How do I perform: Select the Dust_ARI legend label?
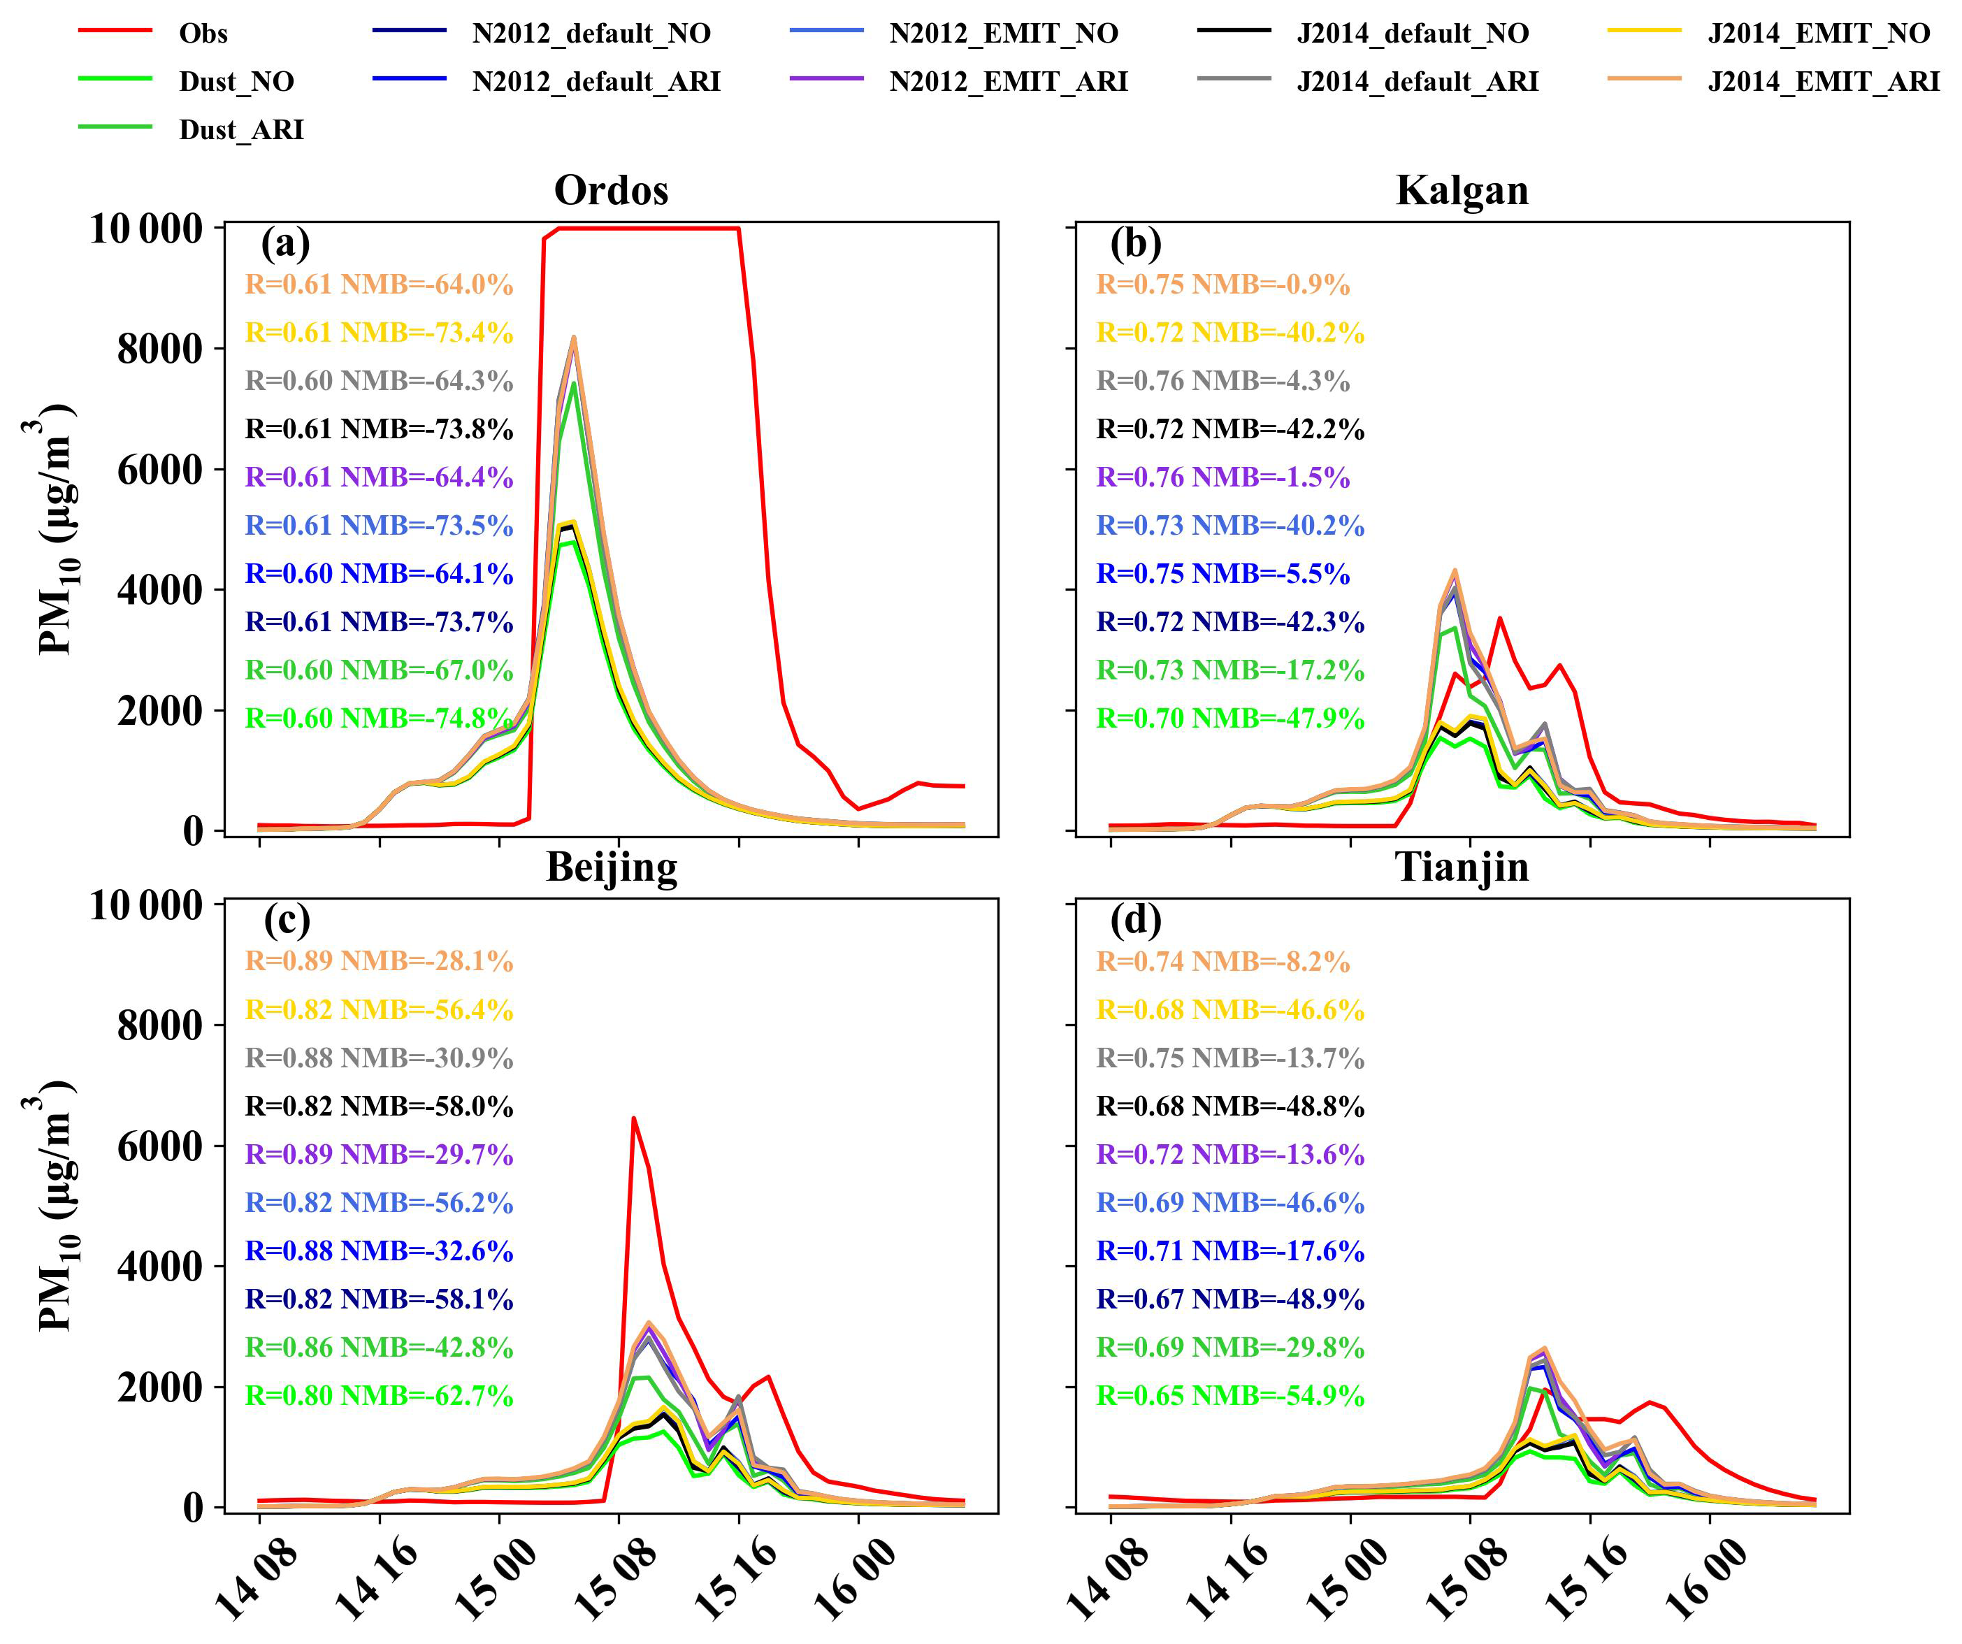pos(241,130)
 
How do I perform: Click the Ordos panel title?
pos(611,191)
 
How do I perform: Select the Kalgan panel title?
pos(1462,191)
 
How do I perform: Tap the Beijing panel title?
pos(611,867)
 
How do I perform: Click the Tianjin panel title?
pos(1462,867)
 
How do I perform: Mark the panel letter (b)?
pos(1136,244)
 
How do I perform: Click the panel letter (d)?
pos(1136,921)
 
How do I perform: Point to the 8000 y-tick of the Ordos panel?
pos(159,349)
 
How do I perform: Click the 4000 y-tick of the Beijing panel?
pos(159,1267)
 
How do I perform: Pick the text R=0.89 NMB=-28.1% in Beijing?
pos(378,961)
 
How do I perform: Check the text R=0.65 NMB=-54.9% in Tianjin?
pos(1229,1396)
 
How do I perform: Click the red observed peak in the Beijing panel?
pos(633,1118)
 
